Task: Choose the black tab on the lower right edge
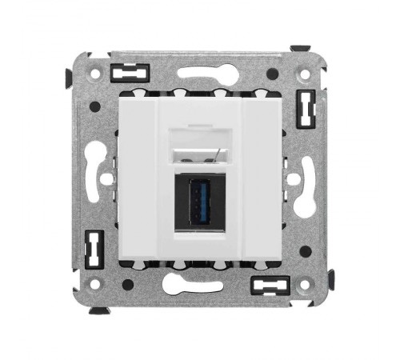330,279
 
